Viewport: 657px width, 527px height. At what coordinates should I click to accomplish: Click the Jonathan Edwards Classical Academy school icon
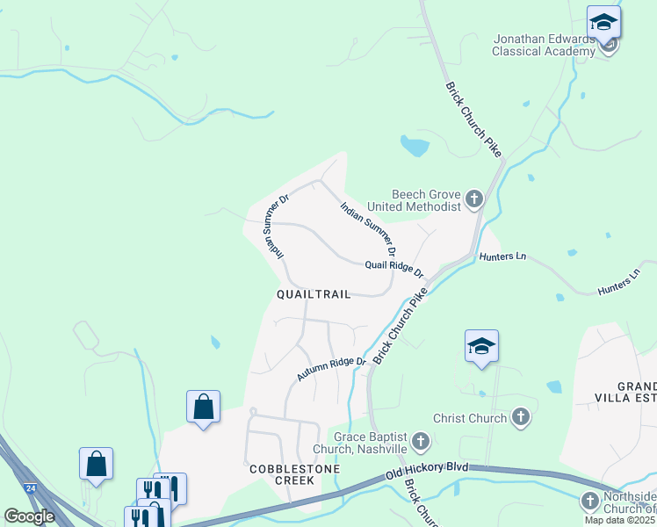tap(603, 22)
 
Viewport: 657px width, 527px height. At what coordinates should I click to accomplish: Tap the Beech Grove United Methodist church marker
tap(474, 199)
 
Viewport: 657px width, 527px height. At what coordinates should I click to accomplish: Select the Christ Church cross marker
tap(521, 418)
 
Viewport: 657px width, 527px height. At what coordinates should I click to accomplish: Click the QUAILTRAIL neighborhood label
tap(314, 295)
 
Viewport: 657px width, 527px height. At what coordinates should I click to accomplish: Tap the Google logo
tap(29, 516)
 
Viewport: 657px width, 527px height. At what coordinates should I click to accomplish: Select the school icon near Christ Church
tap(481, 347)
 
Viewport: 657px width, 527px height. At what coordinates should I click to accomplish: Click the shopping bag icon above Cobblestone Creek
tap(203, 408)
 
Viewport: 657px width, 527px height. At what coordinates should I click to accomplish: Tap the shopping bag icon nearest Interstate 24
tap(96, 465)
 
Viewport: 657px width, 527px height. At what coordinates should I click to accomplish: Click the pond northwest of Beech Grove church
tap(414, 146)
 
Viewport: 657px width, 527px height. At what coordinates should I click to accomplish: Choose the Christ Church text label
tap(470, 419)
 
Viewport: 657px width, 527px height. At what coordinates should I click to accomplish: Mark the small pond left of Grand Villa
tap(553, 386)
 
